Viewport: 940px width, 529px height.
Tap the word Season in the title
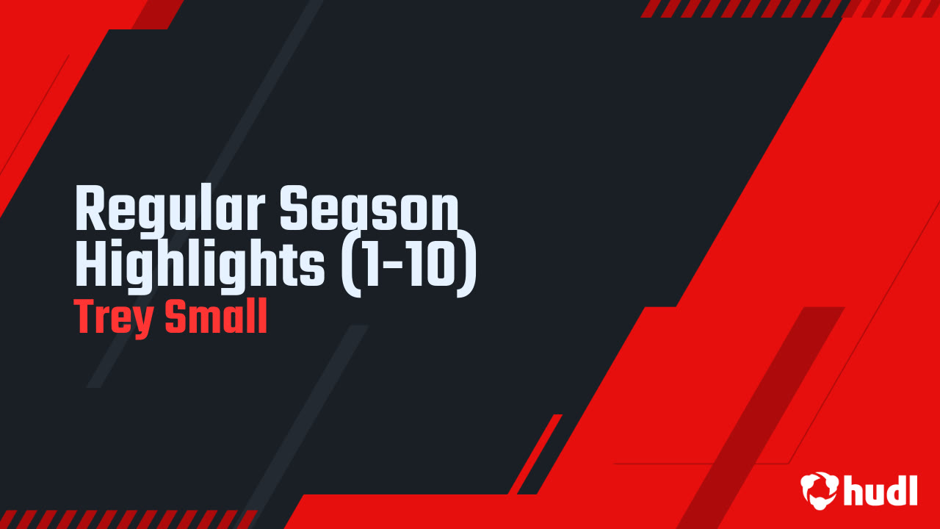tap(369, 208)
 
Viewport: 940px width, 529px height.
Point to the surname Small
tap(216, 316)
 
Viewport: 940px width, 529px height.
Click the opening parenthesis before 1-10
tap(351, 266)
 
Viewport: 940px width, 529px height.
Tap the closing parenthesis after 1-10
tap(466, 266)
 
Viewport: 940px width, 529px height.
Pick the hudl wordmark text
tap(881, 490)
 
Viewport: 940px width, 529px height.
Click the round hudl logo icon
tap(820, 491)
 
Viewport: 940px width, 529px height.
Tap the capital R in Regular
tap(90, 208)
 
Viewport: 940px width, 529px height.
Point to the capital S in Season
tap(294, 208)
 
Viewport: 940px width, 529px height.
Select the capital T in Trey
tap(87, 317)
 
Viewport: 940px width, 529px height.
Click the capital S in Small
tap(176, 316)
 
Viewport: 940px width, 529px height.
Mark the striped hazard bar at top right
tap(789, 9)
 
